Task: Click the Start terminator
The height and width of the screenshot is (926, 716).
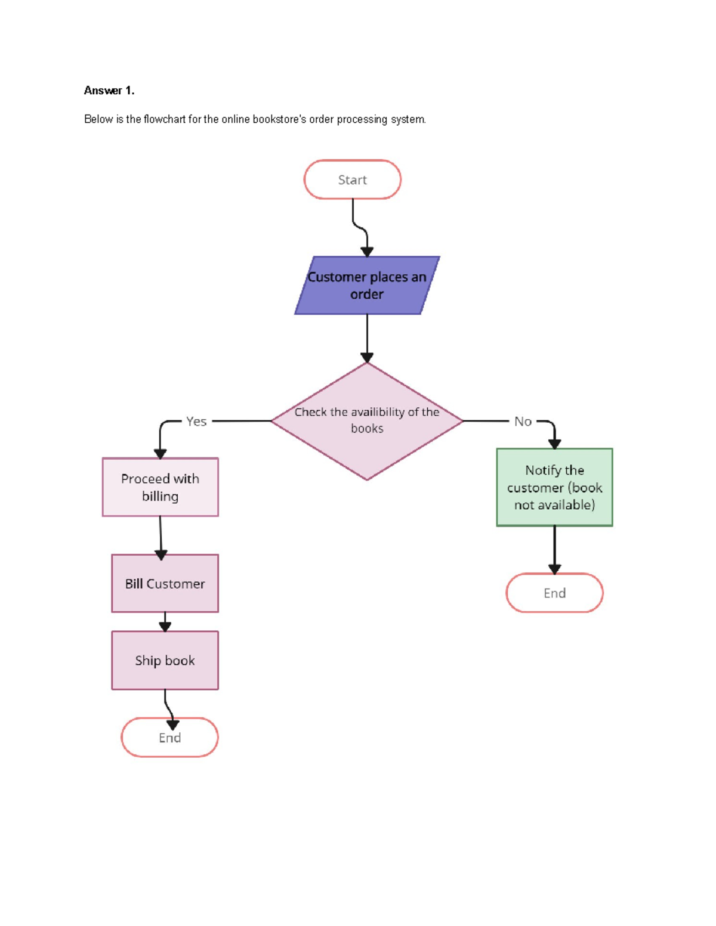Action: coord(352,179)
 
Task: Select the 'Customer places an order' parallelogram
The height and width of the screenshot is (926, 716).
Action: coord(367,286)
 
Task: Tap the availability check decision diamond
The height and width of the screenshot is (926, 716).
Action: coord(367,421)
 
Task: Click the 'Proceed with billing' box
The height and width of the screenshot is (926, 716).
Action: coord(160,487)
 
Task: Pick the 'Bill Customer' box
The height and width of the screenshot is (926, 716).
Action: coord(165,583)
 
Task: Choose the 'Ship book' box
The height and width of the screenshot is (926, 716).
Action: coord(165,660)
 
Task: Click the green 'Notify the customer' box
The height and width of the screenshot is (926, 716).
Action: coord(554,487)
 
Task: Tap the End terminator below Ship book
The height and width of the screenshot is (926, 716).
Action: coord(169,738)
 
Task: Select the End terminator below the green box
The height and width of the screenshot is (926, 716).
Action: coord(554,593)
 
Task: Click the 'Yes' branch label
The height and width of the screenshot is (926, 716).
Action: coord(196,422)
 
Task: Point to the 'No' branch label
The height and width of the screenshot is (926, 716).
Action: coord(523,422)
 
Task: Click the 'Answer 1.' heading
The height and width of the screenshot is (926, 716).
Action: coord(109,91)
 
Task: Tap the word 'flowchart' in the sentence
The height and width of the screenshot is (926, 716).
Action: coord(165,119)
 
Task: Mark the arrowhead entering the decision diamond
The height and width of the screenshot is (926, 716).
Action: coord(367,358)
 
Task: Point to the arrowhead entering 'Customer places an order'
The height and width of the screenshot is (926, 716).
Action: coord(367,252)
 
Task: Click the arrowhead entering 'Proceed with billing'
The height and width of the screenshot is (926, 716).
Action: coord(160,454)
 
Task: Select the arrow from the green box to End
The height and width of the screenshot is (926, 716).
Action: coord(554,549)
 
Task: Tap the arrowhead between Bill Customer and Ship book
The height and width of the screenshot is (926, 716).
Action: coord(165,626)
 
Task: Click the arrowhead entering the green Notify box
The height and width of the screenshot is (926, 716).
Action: coord(554,444)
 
